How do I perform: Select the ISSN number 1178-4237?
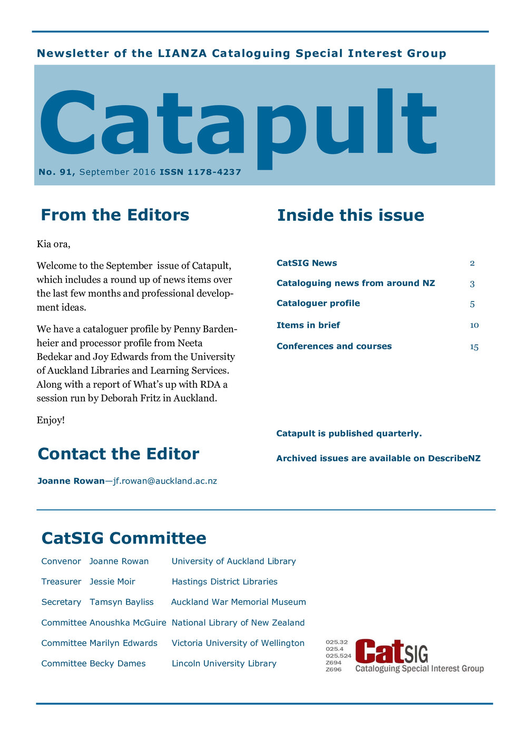pyautogui.click(x=214, y=172)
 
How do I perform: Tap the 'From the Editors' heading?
pyautogui.click(x=115, y=215)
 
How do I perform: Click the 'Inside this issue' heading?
pyautogui.click(x=350, y=215)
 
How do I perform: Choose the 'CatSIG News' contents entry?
pyautogui.click(x=307, y=263)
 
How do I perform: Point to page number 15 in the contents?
pyautogui.click(x=474, y=347)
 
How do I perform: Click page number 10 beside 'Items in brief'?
pyautogui.click(x=474, y=325)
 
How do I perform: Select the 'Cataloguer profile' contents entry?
pyautogui.click(x=318, y=303)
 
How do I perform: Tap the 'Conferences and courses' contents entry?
pyautogui.click(x=334, y=346)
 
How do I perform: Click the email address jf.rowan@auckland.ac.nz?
pyautogui.click(x=165, y=481)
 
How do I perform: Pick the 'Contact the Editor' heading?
pyautogui.click(x=119, y=454)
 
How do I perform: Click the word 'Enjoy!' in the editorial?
pyautogui.click(x=51, y=420)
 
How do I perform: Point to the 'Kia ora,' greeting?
pyautogui.click(x=53, y=244)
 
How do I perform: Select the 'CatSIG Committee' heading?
pyautogui.click(x=124, y=538)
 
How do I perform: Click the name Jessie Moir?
pyautogui.click(x=112, y=582)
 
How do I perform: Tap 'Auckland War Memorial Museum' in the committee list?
pyautogui.click(x=238, y=602)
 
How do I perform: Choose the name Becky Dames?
pyautogui.click(x=118, y=663)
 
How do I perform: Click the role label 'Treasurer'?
pyautogui.click(x=61, y=582)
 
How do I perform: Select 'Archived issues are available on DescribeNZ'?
pyautogui.click(x=378, y=458)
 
